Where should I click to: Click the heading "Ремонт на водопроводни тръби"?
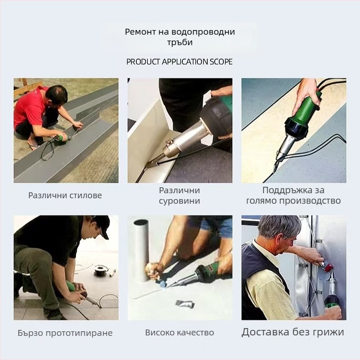tap(180, 37)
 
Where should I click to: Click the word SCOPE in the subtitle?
tap(221, 62)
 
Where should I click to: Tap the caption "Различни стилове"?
tap(65, 195)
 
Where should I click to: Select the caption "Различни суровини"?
tap(180, 195)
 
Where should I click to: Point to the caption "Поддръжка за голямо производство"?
tap(293, 195)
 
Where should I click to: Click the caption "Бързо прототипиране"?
tap(65, 333)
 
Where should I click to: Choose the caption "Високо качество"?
tap(180, 333)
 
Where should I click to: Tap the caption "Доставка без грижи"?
tap(293, 332)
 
